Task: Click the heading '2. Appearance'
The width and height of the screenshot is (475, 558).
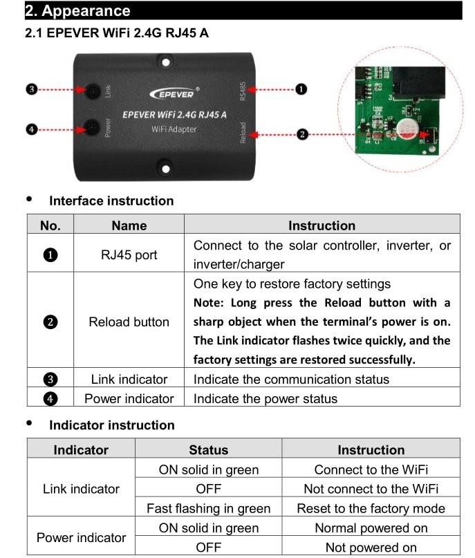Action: click(77, 11)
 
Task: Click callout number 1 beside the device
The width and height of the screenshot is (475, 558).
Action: click(301, 89)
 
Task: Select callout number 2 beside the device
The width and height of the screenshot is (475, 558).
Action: click(302, 134)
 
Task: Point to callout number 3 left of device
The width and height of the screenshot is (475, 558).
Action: click(31, 90)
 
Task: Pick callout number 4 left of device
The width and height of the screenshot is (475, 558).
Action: click(31, 129)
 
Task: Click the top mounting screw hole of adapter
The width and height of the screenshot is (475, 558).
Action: click(165, 64)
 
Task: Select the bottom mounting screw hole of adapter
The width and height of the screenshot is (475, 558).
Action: click(165, 166)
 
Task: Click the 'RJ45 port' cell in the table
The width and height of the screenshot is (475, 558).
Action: click(129, 254)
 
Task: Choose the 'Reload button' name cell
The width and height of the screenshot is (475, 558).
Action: click(129, 322)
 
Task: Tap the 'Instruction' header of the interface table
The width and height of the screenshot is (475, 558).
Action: click(322, 225)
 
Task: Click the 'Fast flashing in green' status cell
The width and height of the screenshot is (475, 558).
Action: click(208, 508)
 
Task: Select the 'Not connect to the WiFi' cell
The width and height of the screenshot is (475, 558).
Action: click(371, 489)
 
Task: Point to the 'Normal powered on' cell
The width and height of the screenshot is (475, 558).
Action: click(371, 528)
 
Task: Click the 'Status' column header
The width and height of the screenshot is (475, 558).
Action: click(208, 449)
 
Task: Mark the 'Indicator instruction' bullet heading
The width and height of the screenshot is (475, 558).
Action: click(111, 425)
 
